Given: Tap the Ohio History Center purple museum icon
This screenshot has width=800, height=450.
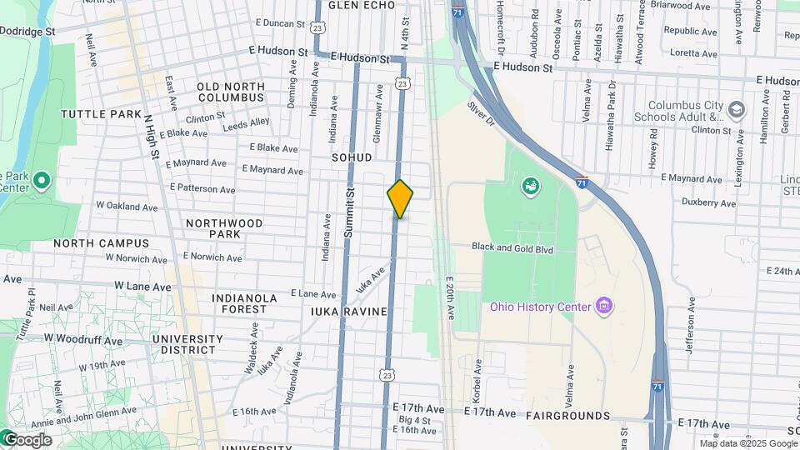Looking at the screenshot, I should [x=605, y=307].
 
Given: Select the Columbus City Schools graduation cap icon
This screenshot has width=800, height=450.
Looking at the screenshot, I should [x=736, y=109].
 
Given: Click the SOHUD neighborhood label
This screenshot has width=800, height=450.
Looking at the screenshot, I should [x=351, y=157].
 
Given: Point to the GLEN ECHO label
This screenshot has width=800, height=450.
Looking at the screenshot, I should [x=361, y=5].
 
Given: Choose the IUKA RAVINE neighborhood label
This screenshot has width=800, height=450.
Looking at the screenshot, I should [x=349, y=312].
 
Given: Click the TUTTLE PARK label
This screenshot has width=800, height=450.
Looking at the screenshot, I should [x=102, y=113].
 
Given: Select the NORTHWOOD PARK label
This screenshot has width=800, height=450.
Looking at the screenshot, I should [x=224, y=228].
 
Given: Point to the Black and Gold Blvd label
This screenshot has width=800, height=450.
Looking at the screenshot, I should [x=512, y=247].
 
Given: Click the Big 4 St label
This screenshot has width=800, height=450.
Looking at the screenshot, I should [x=414, y=420].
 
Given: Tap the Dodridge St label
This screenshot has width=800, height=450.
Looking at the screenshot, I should [x=27, y=30].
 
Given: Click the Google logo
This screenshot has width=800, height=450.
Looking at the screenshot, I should [x=27, y=440].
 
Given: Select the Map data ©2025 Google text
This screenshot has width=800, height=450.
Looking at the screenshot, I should [x=747, y=443].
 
